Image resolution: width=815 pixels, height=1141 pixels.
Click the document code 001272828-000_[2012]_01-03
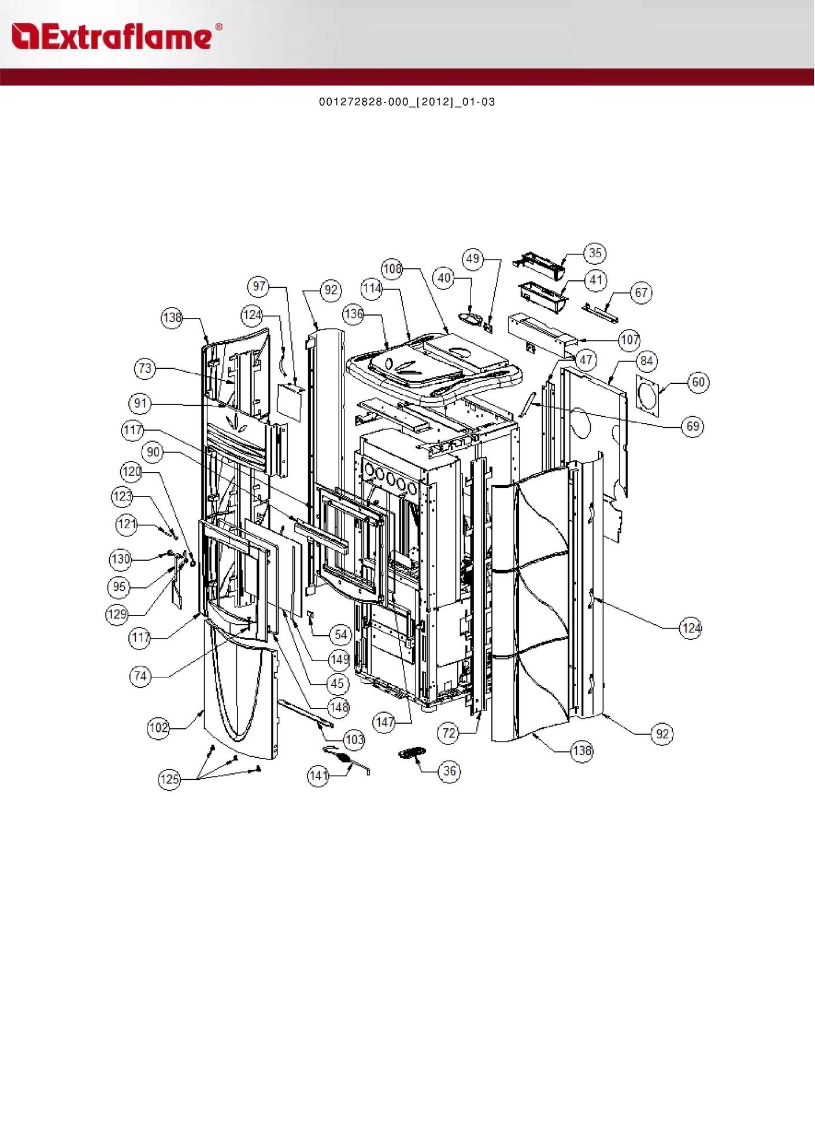407,102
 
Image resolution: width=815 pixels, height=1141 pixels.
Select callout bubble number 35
595,253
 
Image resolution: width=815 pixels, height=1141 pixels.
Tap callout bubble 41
595,281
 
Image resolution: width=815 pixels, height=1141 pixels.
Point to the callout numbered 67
641,292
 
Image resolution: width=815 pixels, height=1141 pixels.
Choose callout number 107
629,340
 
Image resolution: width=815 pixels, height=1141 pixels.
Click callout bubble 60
698,382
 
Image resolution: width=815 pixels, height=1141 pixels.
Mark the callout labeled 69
692,427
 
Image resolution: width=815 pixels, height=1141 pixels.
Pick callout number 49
473,258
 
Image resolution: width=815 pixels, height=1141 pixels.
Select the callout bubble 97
259,286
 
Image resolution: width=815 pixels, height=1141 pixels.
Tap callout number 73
145,368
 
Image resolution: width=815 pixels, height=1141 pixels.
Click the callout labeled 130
120,559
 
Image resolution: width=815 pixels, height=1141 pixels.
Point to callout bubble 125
169,779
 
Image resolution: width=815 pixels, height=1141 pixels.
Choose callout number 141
318,776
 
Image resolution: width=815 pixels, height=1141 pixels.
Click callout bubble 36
449,771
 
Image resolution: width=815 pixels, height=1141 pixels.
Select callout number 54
341,635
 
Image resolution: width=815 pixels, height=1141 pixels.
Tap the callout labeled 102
158,728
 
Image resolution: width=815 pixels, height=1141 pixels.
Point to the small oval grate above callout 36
412,753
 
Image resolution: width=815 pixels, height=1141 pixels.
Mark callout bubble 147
385,722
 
